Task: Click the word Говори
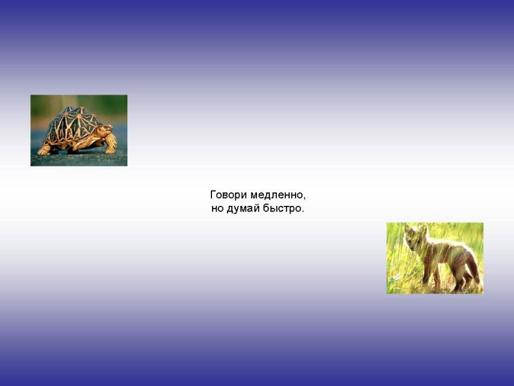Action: pos(229,195)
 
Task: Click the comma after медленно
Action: pos(304,198)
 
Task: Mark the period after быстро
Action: pos(302,211)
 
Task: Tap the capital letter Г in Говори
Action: pos(213,195)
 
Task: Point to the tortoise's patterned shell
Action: pos(73,125)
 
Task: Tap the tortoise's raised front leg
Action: pos(111,143)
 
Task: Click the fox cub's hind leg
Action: pos(461,277)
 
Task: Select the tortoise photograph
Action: pos(79,131)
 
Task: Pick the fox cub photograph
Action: pos(435,258)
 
